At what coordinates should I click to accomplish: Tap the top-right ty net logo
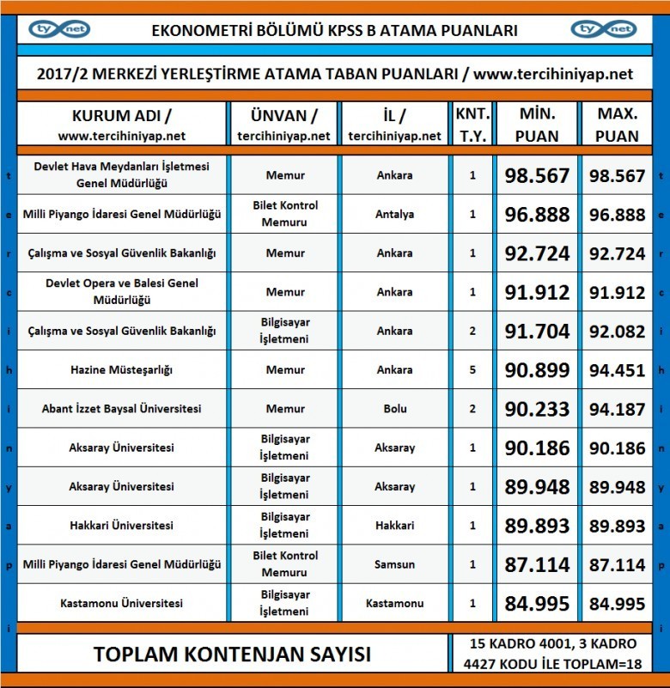click(x=605, y=29)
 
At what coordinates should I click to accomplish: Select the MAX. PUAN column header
click(x=616, y=125)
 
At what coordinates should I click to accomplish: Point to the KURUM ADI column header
click(x=121, y=125)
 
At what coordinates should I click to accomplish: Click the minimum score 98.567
click(x=538, y=176)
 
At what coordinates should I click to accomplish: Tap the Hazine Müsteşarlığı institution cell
click(x=121, y=370)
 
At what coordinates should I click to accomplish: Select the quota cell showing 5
click(x=472, y=370)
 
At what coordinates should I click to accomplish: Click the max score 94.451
click(x=616, y=370)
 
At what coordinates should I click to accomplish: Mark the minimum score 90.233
click(x=538, y=409)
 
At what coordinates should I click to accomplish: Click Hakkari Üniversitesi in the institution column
click(x=121, y=526)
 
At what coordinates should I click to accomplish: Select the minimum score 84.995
click(x=538, y=603)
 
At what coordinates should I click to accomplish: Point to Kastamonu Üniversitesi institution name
click(x=121, y=603)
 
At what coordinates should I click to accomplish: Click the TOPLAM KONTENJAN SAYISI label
click(x=232, y=654)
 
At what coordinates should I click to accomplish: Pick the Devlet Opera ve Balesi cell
click(x=121, y=293)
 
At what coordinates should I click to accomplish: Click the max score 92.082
click(x=616, y=332)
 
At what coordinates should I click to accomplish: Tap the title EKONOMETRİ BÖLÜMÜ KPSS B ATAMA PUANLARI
click(x=334, y=30)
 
